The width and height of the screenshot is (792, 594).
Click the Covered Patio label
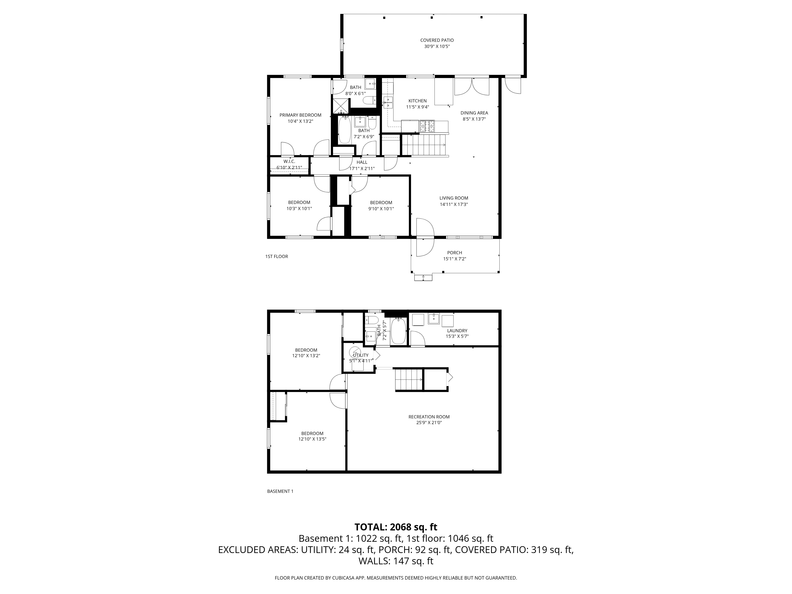437,40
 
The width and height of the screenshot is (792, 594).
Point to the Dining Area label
474,113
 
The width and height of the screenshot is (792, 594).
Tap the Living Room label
454,198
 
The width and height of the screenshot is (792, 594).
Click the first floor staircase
424,145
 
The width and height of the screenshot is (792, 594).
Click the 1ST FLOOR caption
276,256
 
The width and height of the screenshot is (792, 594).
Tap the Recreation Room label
429,417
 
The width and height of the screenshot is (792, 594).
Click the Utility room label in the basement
361,355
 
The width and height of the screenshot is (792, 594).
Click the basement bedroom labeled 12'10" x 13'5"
312,436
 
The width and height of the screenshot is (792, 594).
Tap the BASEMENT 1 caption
280,491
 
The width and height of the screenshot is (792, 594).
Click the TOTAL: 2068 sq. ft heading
396,527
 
